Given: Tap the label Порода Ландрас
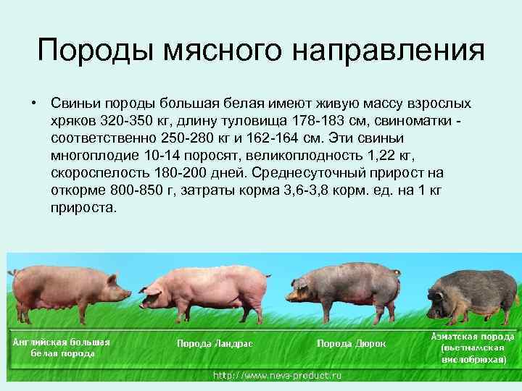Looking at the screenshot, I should [215, 344].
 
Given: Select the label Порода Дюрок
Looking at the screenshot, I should [352, 344].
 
